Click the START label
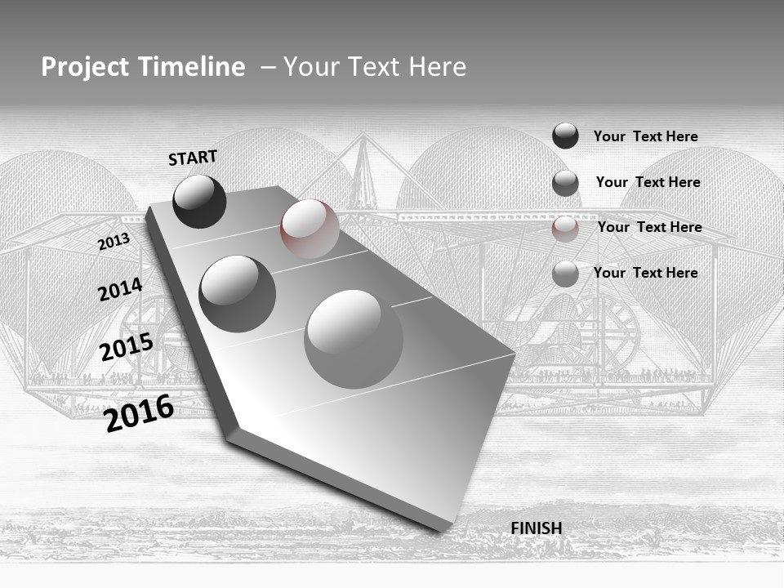(193, 158)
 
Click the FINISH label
(536, 528)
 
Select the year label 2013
(114, 242)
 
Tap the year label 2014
(120, 289)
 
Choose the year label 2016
(139, 412)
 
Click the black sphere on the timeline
(199, 201)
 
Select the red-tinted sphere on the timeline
(310, 229)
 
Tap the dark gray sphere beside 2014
(237, 293)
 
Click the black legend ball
(565, 136)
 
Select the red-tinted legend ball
(565, 229)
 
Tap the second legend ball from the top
(565, 183)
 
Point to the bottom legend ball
(565, 274)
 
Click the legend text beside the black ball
(645, 136)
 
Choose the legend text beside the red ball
(649, 227)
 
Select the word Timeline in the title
(193, 67)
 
